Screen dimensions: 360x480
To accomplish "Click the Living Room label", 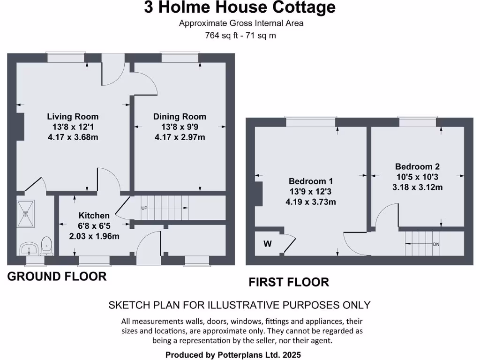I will point(73,117).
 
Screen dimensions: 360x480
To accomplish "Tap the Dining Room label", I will point(180,117).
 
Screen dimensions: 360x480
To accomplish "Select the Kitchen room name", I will point(94,216).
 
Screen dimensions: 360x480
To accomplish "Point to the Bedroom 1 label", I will point(310,181).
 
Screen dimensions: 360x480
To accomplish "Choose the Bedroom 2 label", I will point(417,166).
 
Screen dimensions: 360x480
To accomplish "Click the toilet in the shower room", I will point(46,245).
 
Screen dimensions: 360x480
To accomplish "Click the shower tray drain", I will point(26,213).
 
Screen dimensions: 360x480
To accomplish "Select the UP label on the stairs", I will point(145,208).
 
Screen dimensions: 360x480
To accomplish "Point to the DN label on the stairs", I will point(436,244).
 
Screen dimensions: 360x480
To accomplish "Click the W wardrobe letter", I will point(268,244).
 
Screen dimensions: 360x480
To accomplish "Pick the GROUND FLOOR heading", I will point(57,277).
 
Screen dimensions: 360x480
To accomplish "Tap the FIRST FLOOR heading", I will point(288,282).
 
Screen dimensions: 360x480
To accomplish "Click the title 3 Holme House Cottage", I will point(240,7).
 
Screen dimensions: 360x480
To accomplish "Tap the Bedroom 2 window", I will point(418,122).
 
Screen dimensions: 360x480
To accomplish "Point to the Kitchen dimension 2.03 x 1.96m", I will point(94,236).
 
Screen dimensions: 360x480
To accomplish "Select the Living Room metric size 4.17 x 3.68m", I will point(73,137).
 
